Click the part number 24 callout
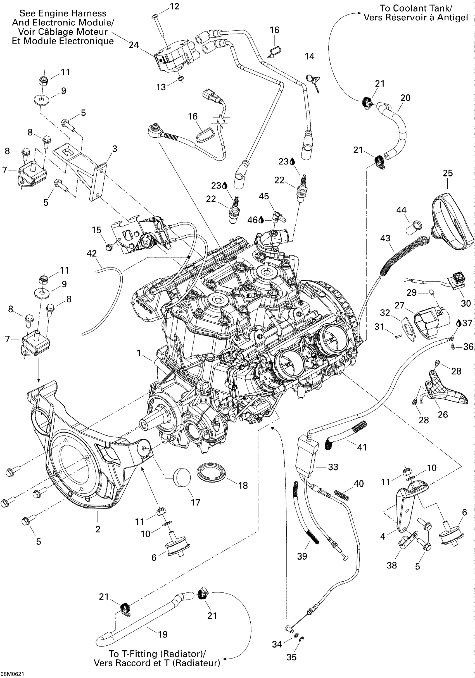(134, 45)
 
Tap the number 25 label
(448, 173)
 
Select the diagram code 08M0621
(12, 674)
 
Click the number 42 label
(92, 253)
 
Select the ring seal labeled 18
(211, 471)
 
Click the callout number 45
(264, 196)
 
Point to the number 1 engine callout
(139, 353)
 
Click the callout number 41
(362, 447)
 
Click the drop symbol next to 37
(459, 323)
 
